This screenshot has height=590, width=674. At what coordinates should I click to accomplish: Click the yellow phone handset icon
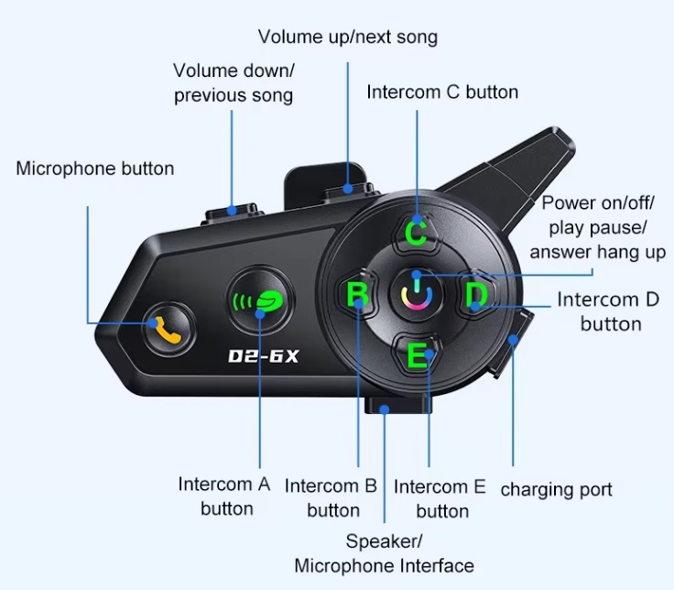[x=168, y=330]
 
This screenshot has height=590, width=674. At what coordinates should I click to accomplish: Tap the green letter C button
[x=416, y=232]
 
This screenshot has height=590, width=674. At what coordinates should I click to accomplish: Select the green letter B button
[x=358, y=293]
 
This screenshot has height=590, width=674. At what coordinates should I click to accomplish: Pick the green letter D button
[x=476, y=295]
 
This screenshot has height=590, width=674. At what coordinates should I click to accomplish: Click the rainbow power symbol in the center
[x=416, y=294]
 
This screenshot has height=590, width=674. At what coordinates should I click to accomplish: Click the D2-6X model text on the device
[x=264, y=356]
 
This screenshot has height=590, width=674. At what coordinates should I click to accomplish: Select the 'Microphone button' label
[x=95, y=169]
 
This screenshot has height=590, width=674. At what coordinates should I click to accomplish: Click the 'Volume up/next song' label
[x=348, y=37]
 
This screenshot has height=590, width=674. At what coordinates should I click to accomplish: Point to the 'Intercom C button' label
[x=442, y=92]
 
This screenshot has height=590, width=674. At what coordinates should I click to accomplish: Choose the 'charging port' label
[x=556, y=489]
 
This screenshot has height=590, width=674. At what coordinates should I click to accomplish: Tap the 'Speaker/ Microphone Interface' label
[x=384, y=553]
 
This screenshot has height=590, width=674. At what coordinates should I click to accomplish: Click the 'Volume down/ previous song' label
[x=234, y=83]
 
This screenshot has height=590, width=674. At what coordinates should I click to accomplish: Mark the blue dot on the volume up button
[x=348, y=189]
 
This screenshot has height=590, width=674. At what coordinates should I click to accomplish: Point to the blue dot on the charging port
[x=513, y=340]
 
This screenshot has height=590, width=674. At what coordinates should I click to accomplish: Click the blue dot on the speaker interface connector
[x=385, y=409]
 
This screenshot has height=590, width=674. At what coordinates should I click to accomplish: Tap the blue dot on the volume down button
[x=232, y=211]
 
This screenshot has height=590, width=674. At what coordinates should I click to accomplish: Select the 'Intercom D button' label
[x=608, y=311]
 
